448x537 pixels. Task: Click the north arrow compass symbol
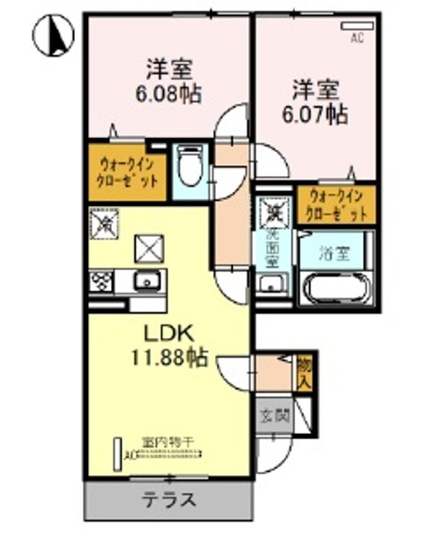coord(54,34)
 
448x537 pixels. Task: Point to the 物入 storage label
coord(304,371)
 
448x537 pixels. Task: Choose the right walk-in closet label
coord(337,206)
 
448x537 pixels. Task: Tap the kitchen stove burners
coord(101,280)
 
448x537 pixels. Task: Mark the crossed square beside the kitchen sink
coord(148,248)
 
